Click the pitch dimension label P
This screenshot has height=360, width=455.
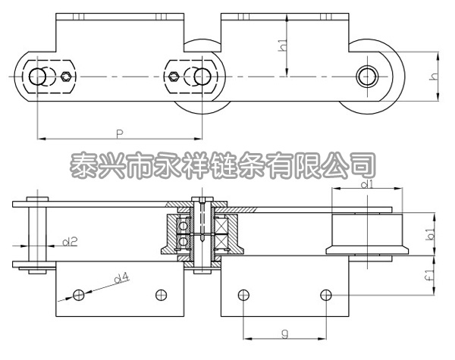tap(120, 133)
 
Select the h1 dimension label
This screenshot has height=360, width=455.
tap(283, 45)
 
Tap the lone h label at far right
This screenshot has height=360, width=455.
tap(434, 76)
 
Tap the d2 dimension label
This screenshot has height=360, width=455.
tap(69, 242)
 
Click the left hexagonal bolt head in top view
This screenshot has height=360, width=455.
tap(68, 77)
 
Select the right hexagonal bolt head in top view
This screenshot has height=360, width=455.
tap(174, 77)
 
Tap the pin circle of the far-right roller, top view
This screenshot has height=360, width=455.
tap(369, 76)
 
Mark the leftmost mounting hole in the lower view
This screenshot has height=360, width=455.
tap(77, 294)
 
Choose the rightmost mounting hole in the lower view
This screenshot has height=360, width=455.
tap(325, 294)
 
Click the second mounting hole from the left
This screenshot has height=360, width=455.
tap(159, 294)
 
